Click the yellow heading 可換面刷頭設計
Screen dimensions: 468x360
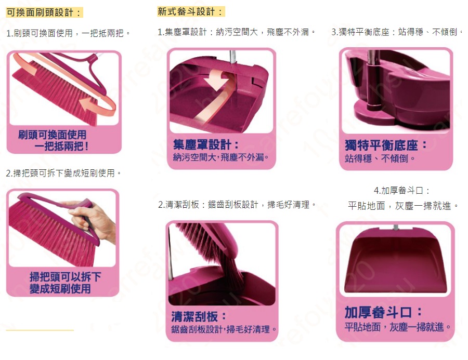(x=44, y=12)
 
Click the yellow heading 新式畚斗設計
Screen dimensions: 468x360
(x=190, y=11)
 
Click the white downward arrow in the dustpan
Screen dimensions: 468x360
(x=217, y=79)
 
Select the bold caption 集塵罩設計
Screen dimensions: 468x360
(x=205, y=145)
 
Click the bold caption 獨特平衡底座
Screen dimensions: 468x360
(x=385, y=145)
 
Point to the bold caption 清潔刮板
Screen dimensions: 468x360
(x=198, y=316)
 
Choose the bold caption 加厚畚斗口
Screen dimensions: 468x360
(x=383, y=312)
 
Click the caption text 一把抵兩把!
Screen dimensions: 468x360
(x=61, y=146)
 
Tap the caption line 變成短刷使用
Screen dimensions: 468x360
(x=60, y=289)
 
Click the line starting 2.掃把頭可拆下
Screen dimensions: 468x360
(x=63, y=173)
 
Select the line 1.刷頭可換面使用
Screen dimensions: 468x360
(x=68, y=33)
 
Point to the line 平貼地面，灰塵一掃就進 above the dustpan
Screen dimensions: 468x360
(x=402, y=206)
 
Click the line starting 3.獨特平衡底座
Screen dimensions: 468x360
(x=397, y=32)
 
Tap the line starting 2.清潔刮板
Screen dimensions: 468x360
(x=237, y=205)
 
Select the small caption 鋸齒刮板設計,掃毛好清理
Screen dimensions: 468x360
(x=224, y=329)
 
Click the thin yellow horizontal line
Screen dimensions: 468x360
(x=40, y=330)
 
